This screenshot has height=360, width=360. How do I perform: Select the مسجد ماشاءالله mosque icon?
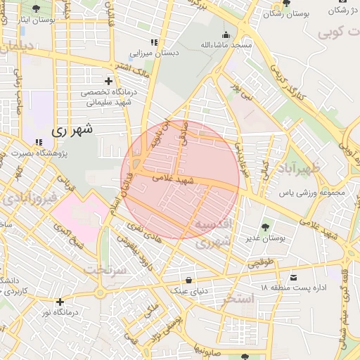tap(226, 34)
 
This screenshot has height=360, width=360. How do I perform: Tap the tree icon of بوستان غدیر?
tap(264, 226)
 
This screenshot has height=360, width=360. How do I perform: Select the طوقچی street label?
tap(258, 264)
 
